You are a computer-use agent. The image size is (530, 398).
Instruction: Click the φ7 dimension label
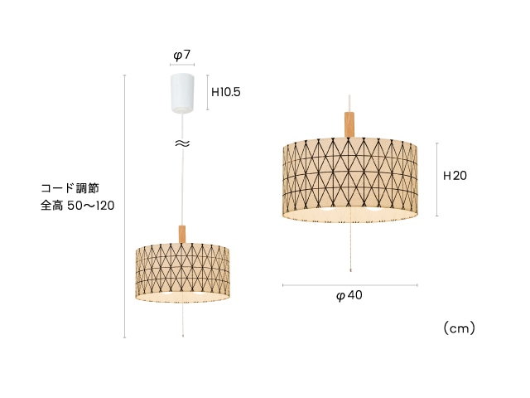tap(182, 55)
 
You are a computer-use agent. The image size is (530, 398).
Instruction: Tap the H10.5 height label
tap(226, 92)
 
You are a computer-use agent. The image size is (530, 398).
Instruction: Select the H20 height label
tap(455, 176)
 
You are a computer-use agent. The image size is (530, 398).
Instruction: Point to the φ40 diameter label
tap(349, 295)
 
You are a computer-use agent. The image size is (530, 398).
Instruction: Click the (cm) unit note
tap(460, 328)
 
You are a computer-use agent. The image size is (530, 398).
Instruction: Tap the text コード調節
tap(70, 188)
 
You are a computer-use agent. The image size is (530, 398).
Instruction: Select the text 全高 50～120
tap(77, 206)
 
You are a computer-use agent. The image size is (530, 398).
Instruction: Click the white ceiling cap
tap(182, 93)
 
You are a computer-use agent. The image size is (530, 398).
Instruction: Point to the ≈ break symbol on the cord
tap(182, 143)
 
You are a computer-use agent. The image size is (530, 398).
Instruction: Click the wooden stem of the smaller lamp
tap(182, 234)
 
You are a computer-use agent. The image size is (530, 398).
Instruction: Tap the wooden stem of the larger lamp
tap(349, 124)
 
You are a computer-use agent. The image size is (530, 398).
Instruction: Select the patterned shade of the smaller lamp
tap(182, 273)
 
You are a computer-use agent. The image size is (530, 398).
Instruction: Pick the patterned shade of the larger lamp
tap(349, 180)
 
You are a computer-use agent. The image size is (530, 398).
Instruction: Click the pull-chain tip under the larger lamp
tap(351, 271)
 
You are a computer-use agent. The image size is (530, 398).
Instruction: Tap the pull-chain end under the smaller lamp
tap(183, 336)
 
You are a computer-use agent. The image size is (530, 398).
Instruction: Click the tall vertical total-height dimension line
tap(125, 206)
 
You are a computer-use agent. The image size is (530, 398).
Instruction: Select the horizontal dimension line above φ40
tap(349, 285)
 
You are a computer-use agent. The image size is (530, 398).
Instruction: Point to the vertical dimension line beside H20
tap(436, 179)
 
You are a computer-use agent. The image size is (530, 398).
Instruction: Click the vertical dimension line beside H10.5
tap(208, 92)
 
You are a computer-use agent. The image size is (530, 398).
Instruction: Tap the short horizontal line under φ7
tap(182, 65)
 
